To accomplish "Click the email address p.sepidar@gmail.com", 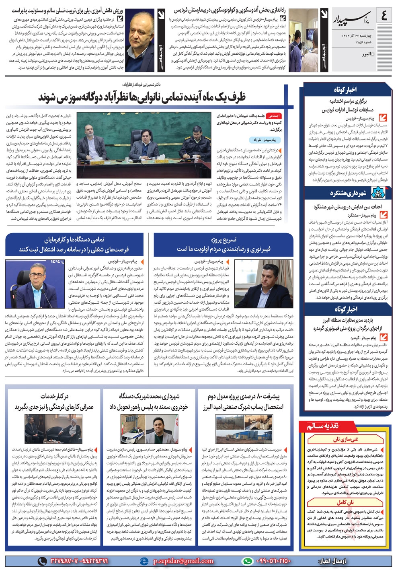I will [183, 561].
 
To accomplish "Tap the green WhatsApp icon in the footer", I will [248, 561].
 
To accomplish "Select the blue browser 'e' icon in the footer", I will [144, 561].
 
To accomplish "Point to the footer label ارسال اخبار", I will [332, 561].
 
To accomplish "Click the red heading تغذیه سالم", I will [328, 426].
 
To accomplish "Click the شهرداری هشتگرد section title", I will [348, 193].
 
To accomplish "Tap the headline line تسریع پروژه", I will [224, 240].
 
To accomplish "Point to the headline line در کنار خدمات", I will [54, 397].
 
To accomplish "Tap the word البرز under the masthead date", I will [365, 54].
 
